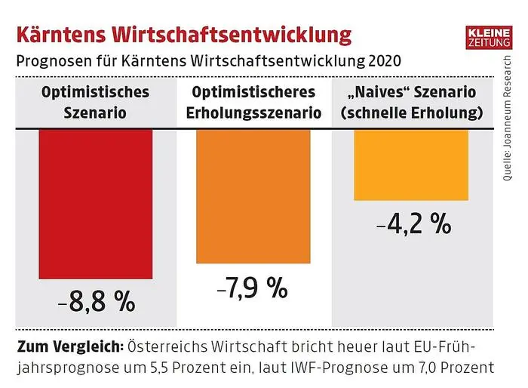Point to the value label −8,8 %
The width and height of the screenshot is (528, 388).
96,301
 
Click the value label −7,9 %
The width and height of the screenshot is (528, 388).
252,287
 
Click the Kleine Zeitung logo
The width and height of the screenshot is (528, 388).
489,38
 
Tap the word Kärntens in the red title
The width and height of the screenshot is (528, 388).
61,35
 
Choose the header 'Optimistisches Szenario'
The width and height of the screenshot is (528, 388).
95,103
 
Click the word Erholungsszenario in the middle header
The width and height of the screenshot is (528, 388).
252,114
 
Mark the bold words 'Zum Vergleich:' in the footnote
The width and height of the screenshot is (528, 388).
65,348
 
